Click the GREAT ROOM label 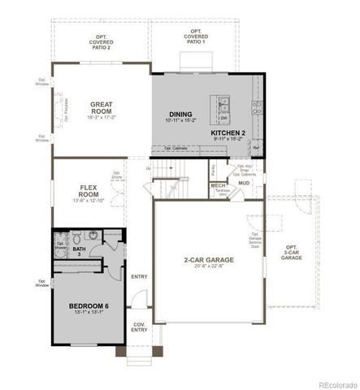point(101,108)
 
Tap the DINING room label point(180,115)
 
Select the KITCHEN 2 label point(228,131)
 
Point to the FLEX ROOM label point(89,192)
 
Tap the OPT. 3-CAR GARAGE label point(291,252)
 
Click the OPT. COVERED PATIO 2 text point(100,42)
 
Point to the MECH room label point(218,185)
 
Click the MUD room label point(243,183)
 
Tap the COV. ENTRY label point(140,326)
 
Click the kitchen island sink point(223,103)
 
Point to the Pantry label point(212,171)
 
